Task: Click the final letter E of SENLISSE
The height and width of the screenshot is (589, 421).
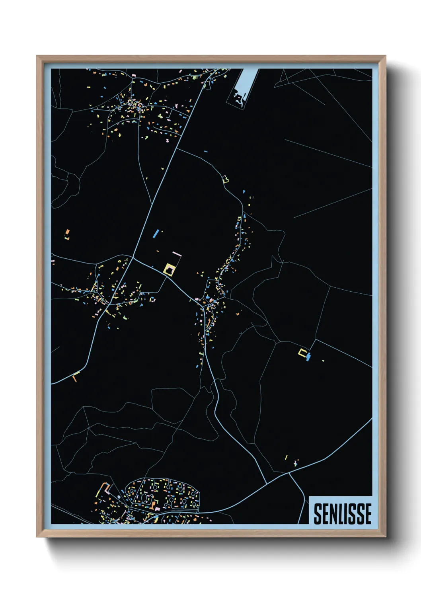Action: [368, 514]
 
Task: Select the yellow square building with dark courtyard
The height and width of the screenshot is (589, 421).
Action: [170, 269]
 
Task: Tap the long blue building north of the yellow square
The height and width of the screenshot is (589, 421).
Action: [156, 233]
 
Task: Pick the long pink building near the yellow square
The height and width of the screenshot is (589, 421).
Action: [176, 253]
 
